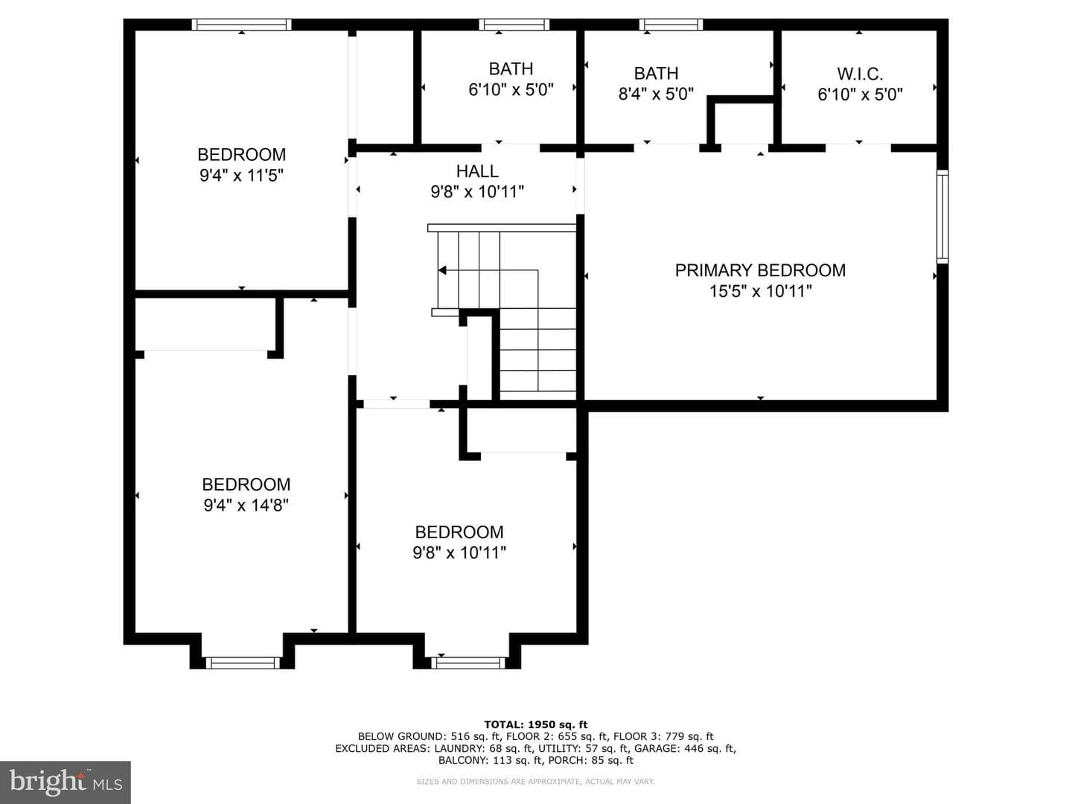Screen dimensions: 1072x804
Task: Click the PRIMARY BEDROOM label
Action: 760,270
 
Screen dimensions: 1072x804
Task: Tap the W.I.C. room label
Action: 860,74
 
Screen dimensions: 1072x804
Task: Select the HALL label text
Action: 477,171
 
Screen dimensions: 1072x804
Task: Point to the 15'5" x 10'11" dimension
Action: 760,291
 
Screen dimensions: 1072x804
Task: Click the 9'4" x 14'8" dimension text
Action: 246,505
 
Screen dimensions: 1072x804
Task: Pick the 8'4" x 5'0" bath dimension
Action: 656,94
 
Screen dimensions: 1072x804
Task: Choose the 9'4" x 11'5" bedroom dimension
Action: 241,175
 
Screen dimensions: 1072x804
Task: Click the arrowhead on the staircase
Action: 442,270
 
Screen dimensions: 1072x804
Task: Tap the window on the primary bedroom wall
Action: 942,217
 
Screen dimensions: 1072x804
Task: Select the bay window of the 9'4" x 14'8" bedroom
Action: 242,663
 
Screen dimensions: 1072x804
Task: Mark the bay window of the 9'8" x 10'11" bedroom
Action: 468,663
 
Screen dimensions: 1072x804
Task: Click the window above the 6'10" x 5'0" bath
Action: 514,25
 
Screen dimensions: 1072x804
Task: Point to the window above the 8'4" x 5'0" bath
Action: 671,25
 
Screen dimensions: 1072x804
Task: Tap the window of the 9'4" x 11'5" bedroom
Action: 241,25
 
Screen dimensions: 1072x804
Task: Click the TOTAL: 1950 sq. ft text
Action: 536,724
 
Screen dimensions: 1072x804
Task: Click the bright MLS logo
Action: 66,782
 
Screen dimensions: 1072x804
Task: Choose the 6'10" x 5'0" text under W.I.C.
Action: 860,95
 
